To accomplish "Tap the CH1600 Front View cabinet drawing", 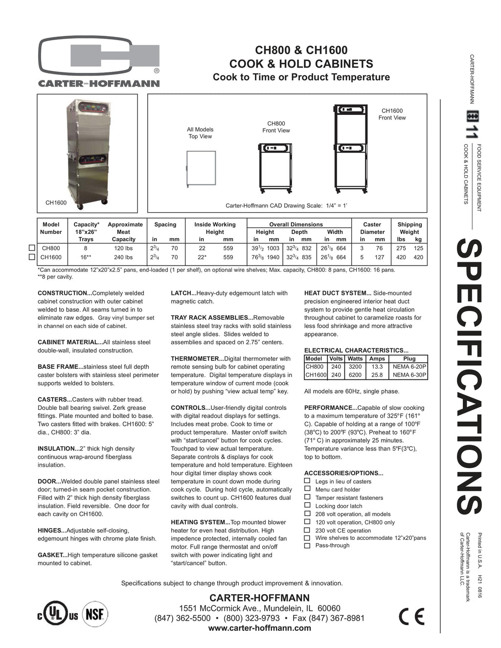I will pos(350,148).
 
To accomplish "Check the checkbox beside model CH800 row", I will pos(32,248).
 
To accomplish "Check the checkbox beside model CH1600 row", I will pos(32,257).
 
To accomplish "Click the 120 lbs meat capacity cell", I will pos(123,248).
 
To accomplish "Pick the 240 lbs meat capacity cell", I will pos(123,257).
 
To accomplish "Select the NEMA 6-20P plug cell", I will pos(409,366).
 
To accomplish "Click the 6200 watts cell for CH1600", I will pos(355,375).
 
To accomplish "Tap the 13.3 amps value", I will pos(377,366).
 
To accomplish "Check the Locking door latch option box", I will pos(307,505).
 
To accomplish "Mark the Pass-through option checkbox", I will pos(307,546).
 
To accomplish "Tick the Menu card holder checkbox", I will pos(307,489).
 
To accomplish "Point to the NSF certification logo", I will pos(95,614).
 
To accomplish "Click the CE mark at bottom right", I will pos(411,617).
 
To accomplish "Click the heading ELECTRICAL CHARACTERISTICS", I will pos(356,350).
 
